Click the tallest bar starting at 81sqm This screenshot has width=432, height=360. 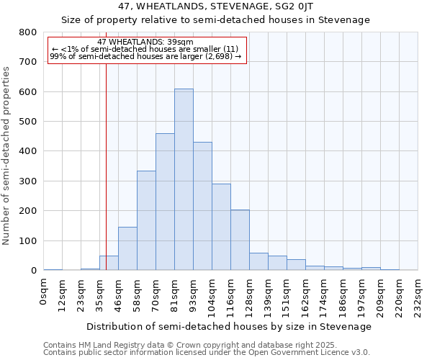click(184, 180)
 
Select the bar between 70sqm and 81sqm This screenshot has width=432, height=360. click(165, 202)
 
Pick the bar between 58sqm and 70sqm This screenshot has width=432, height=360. click(146, 220)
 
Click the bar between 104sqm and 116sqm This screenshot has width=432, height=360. click(221, 227)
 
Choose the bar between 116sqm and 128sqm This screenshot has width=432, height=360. click(240, 240)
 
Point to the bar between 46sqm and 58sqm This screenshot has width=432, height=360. click(127, 248)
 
